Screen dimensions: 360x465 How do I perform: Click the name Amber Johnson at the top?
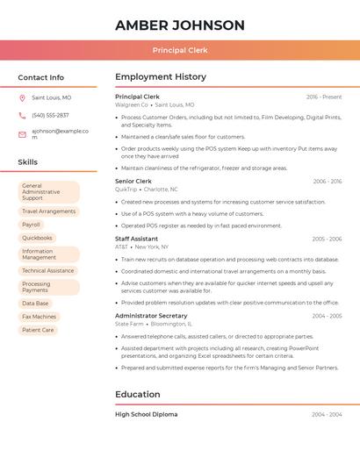(x=180, y=25)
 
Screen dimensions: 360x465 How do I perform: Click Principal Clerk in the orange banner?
(x=180, y=51)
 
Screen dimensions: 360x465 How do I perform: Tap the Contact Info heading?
(x=41, y=77)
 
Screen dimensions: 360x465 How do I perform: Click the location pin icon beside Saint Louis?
(x=22, y=98)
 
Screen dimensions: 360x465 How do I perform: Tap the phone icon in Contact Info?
(x=22, y=116)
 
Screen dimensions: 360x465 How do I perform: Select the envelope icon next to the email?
(x=22, y=134)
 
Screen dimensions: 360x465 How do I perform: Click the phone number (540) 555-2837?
(x=50, y=116)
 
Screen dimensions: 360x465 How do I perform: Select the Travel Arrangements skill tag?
(x=48, y=211)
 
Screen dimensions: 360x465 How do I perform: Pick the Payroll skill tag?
(x=32, y=225)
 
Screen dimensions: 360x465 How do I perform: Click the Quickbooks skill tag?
(x=37, y=238)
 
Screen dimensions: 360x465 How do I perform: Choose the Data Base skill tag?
(x=36, y=304)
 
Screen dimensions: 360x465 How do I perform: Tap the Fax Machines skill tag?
(x=40, y=317)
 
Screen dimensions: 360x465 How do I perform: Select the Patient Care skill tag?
(x=38, y=330)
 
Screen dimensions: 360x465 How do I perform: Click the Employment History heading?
(x=161, y=77)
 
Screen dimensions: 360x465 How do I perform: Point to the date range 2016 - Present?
(x=324, y=97)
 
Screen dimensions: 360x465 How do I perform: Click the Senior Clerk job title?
(x=133, y=182)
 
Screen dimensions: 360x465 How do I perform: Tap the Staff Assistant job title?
(x=137, y=239)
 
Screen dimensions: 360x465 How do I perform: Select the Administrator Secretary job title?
(x=151, y=316)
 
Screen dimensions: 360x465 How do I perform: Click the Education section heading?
(x=138, y=395)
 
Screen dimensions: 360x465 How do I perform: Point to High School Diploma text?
(x=147, y=414)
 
